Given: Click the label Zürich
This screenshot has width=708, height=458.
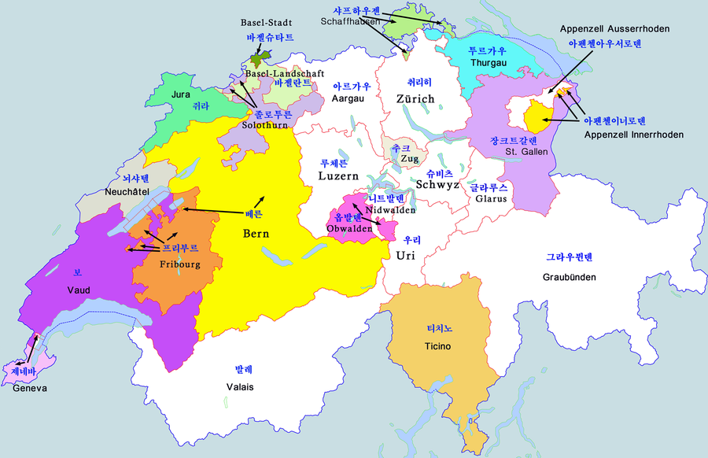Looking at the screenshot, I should [415, 98].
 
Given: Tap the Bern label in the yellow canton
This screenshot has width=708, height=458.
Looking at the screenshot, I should [256, 234].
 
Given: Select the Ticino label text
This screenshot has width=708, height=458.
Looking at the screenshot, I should [437, 346].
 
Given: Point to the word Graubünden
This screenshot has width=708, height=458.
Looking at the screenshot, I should [570, 277].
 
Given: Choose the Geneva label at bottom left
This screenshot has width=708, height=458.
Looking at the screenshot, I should [30, 388].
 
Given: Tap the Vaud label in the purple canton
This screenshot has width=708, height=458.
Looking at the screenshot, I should [78, 290].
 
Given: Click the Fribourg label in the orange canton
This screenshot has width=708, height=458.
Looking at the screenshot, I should [180, 264].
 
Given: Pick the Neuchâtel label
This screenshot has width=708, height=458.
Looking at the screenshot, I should [127, 192].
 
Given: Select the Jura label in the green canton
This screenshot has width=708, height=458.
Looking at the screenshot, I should [181, 94].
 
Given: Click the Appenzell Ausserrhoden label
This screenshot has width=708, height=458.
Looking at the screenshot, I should [614, 29].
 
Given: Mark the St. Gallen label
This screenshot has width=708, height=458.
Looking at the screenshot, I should [521, 151].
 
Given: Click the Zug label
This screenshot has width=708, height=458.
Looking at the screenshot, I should [410, 158].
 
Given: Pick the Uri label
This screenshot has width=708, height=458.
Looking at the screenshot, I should [405, 255].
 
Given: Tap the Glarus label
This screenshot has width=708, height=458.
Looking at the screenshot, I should [491, 200].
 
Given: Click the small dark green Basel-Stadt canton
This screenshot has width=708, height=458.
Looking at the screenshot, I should [256, 60].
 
